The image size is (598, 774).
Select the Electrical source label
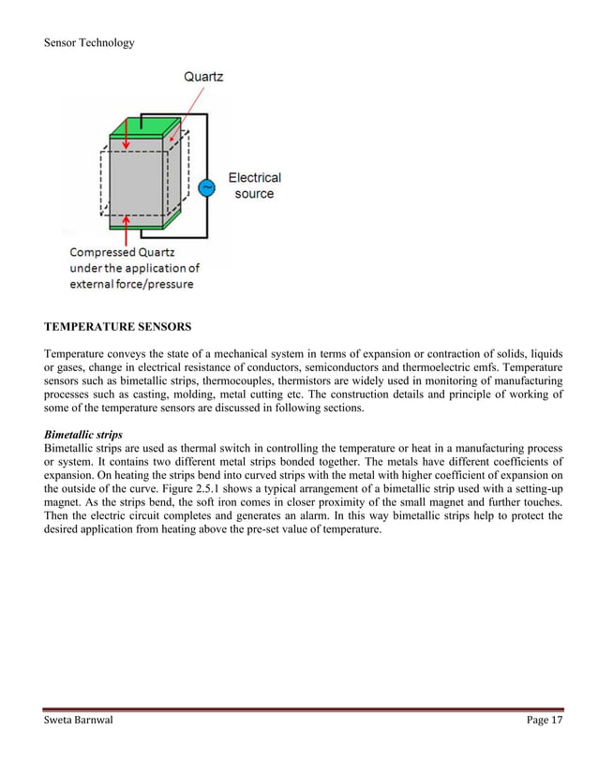pyautogui.click(x=254, y=186)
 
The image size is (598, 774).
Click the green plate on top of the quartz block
pyautogui.click(x=143, y=129)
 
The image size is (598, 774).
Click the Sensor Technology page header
pyautogui.click(x=89, y=42)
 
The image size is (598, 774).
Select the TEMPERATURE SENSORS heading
pyautogui.click(x=117, y=327)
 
